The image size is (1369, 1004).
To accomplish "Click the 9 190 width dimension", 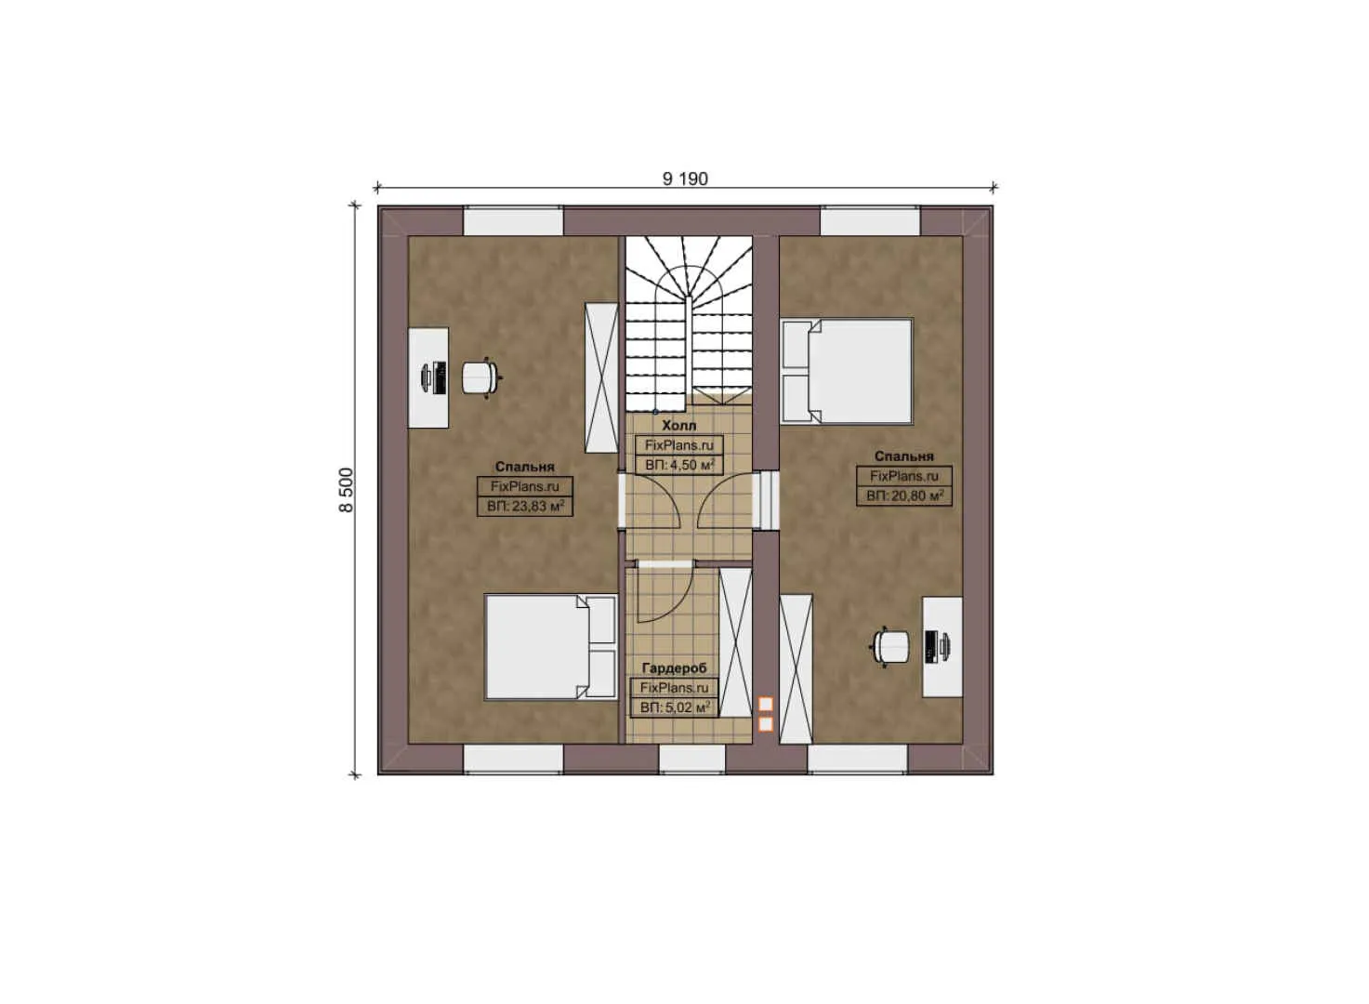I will click(x=685, y=178).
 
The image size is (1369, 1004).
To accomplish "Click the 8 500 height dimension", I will click(x=346, y=490).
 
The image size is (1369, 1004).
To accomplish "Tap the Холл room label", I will click(x=678, y=425).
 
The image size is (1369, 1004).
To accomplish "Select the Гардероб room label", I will click(x=674, y=667).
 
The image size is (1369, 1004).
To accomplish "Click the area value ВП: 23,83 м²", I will click(x=525, y=507).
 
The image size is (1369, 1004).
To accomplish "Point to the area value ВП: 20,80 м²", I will click(x=904, y=496).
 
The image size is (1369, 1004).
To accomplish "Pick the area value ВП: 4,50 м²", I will click(x=678, y=465).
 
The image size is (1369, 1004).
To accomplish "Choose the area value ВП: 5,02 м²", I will click(x=675, y=707).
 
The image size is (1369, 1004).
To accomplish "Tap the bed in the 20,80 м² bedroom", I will click(x=847, y=371).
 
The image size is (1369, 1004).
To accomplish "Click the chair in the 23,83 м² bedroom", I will click(x=480, y=376).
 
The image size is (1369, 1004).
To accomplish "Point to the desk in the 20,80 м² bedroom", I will click(x=941, y=646).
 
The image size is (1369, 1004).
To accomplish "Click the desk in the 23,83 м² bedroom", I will click(x=428, y=376).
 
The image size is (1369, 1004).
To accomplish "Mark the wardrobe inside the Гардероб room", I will click(x=735, y=641).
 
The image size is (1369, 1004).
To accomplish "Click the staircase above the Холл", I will click(x=688, y=321).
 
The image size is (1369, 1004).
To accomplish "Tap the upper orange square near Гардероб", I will click(x=766, y=705).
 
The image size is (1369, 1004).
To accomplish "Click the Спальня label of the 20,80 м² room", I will click(x=903, y=456).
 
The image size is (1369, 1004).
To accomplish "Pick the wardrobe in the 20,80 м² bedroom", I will click(x=796, y=668).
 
